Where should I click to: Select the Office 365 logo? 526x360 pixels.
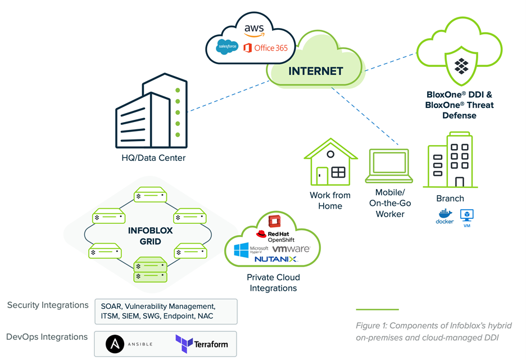point(266,48)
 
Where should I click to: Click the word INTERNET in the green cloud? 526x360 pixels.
point(315,71)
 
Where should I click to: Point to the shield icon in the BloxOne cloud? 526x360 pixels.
point(461,64)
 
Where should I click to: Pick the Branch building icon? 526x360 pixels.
point(450,160)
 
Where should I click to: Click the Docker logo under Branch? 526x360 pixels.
point(445,217)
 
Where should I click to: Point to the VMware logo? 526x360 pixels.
point(292,249)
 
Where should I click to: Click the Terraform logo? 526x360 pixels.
point(202,343)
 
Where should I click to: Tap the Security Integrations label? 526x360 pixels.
point(48,305)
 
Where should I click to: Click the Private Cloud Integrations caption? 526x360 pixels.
point(273,282)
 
